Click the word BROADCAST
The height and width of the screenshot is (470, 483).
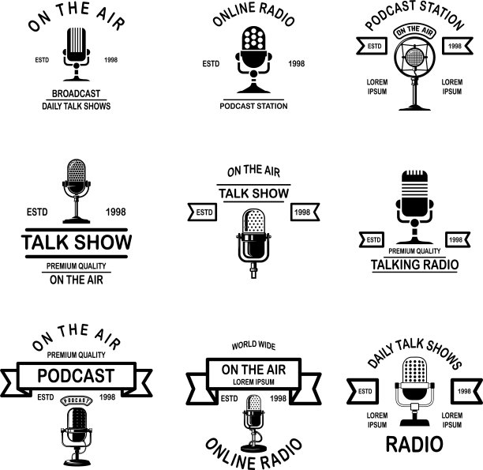click(x=76, y=94)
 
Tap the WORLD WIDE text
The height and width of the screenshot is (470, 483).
click(x=253, y=345)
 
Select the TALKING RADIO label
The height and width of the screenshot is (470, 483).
click(x=414, y=265)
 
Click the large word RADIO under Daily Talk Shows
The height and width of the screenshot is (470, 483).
click(x=414, y=443)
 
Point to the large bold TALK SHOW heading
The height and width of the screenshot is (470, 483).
click(x=76, y=242)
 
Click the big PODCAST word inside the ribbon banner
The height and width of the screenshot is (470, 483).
click(x=76, y=375)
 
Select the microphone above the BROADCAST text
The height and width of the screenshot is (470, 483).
click(x=76, y=51)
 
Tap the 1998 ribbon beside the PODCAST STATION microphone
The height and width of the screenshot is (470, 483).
click(x=455, y=47)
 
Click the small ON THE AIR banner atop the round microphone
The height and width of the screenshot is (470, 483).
click(x=414, y=31)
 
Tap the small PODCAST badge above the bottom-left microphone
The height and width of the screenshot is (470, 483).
click(x=76, y=400)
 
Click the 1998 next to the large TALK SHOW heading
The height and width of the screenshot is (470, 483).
click(x=116, y=212)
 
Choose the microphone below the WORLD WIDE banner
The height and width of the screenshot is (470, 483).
click(x=253, y=420)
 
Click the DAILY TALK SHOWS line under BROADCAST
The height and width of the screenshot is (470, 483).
click(x=76, y=106)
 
